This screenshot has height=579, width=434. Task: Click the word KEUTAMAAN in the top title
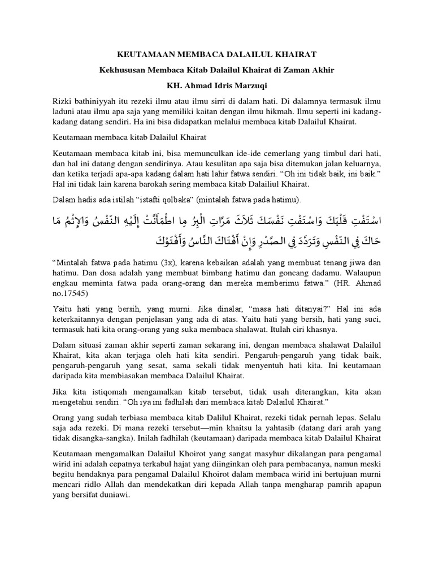(x=142, y=54)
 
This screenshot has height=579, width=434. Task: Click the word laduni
(x=64, y=111)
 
